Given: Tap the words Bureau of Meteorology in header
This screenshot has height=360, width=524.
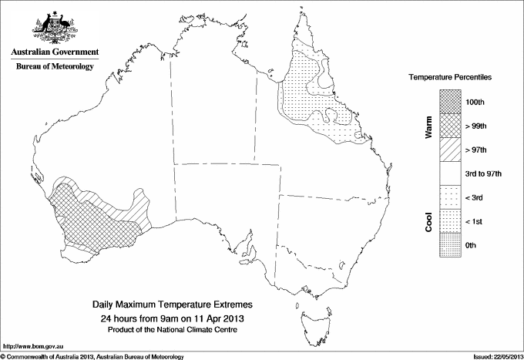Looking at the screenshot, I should (54, 67).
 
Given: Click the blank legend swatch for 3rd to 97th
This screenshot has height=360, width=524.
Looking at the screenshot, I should (451, 173).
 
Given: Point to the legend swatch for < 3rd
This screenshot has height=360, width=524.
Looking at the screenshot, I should (451, 197).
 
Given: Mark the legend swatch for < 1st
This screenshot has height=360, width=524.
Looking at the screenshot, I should (451, 221).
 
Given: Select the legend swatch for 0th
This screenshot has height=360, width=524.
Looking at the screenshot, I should (451, 245).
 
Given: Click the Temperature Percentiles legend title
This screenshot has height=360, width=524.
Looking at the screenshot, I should (451, 78).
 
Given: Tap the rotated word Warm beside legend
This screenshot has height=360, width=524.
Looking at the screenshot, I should (428, 126).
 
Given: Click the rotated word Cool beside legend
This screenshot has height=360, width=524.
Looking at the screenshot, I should (428, 220).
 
